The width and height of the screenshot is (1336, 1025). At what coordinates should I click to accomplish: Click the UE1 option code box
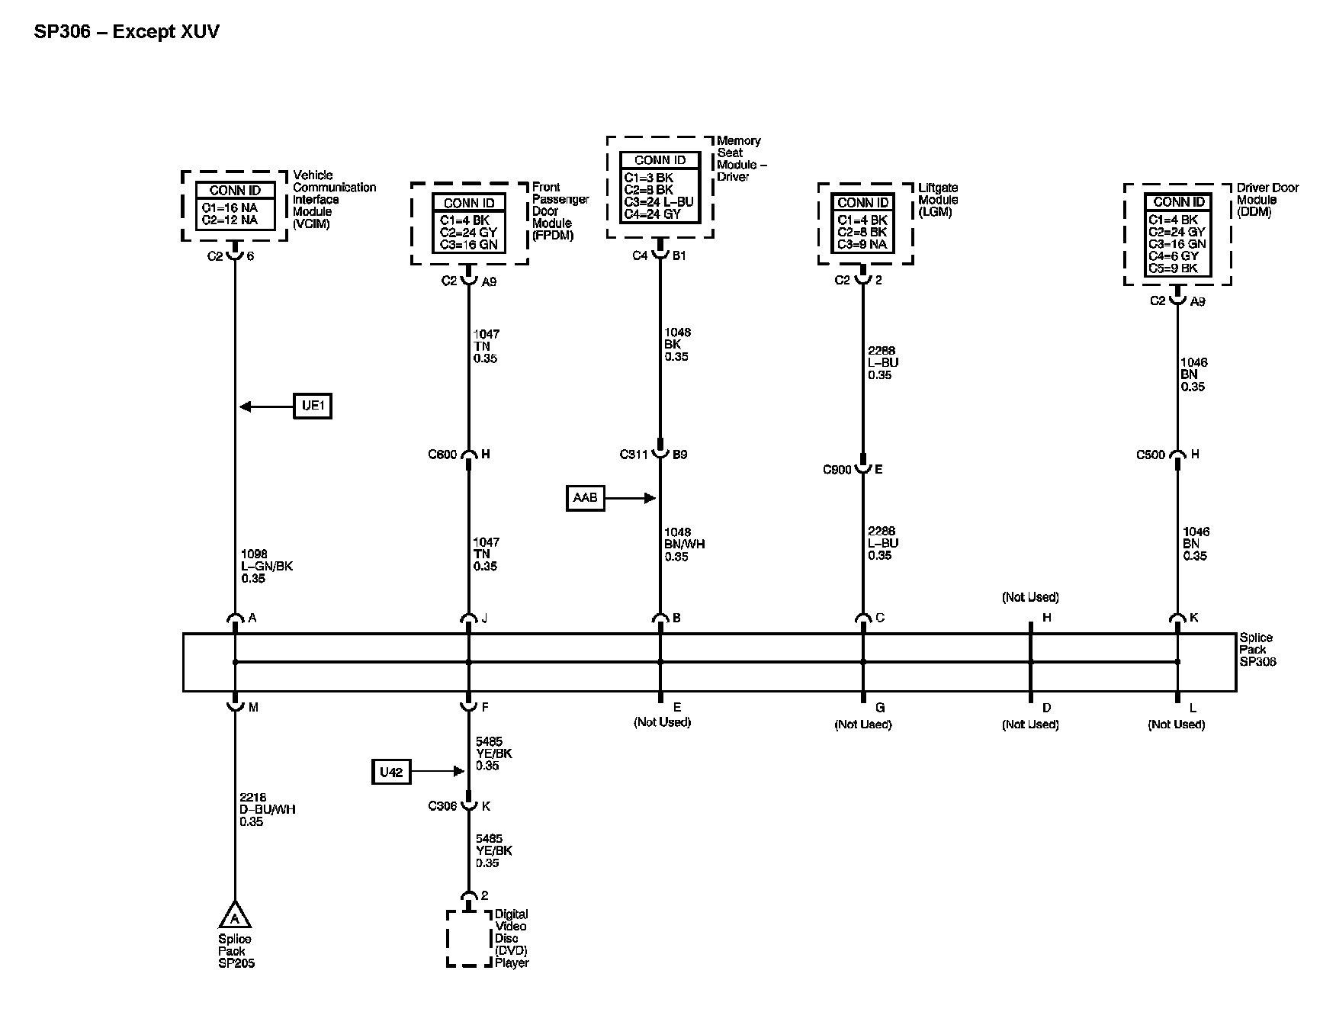pyautogui.click(x=313, y=406)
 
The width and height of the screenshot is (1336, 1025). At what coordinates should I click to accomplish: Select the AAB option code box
pyautogui.click(x=585, y=498)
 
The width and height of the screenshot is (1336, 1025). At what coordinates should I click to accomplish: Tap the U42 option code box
pyautogui.click(x=390, y=772)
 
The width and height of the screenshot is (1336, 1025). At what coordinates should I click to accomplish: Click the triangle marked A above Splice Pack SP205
pyautogui.click(x=235, y=916)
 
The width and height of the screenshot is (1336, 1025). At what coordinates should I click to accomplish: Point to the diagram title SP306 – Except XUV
pyautogui.click(x=127, y=32)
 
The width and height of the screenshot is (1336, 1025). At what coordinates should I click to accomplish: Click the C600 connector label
pyautogui.click(x=442, y=455)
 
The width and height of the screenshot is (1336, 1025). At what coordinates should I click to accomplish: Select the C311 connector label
pyautogui.click(x=633, y=455)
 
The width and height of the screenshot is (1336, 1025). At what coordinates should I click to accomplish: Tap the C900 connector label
pyautogui.click(x=837, y=470)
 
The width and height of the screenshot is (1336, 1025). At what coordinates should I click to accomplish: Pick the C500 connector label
pyautogui.click(x=1151, y=455)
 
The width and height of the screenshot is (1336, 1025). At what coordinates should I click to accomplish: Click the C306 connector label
pyautogui.click(x=442, y=806)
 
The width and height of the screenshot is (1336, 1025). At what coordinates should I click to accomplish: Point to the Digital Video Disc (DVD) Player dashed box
pyautogui.click(x=468, y=938)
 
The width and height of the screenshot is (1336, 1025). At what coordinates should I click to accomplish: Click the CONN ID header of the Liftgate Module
pyautogui.click(x=863, y=203)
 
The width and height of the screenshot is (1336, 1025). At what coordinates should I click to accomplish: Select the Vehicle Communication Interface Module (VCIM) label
pyautogui.click(x=334, y=200)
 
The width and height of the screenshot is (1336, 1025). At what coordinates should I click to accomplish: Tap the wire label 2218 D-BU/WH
pyautogui.click(x=267, y=809)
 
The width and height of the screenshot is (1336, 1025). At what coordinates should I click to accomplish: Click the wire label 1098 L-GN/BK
pyautogui.click(x=266, y=567)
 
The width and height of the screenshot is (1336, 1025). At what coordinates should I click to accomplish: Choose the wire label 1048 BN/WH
pyautogui.click(x=684, y=545)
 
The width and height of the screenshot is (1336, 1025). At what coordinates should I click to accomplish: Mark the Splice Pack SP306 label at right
pyautogui.click(x=1257, y=650)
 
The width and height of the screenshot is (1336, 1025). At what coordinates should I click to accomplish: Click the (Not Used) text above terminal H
pyautogui.click(x=1030, y=597)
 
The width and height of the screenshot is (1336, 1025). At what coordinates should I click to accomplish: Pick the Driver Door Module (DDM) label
pyautogui.click(x=1267, y=200)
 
